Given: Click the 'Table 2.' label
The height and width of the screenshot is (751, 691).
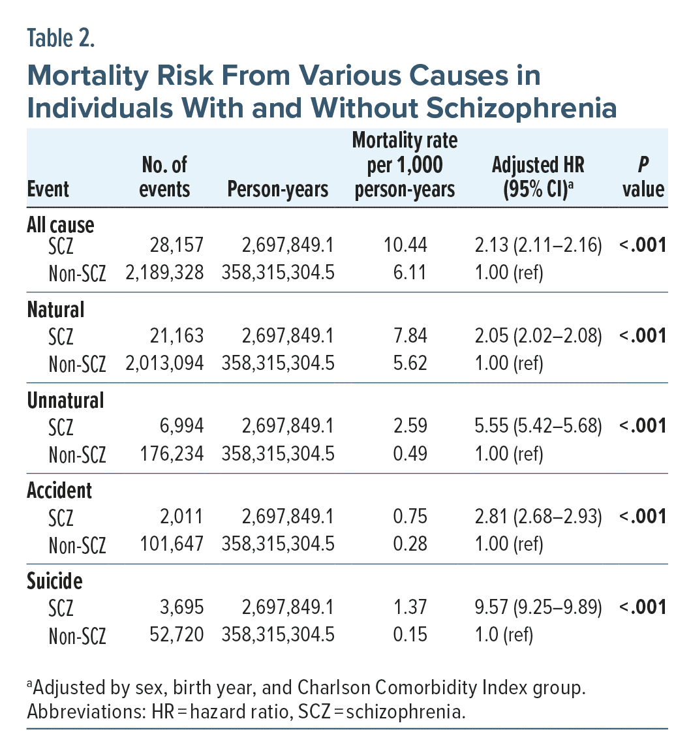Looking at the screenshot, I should pyautogui.click(x=61, y=38).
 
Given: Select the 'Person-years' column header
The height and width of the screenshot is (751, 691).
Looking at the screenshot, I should pyautogui.click(x=277, y=189).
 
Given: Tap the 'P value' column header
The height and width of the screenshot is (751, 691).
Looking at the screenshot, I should pyautogui.click(x=643, y=177).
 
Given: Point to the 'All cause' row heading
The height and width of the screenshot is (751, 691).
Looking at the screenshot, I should pyautogui.click(x=61, y=224).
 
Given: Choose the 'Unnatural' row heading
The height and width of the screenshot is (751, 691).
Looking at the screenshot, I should pyautogui.click(x=65, y=399).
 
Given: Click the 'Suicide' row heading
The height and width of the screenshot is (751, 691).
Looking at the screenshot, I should pyautogui.click(x=55, y=580).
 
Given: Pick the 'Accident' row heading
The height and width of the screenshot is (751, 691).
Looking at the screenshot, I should pyautogui.click(x=59, y=490).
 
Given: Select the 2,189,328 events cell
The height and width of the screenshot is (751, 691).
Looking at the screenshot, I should pyautogui.click(x=165, y=272).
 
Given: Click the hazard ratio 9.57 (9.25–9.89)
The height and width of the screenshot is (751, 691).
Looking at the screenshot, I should pyautogui.click(x=538, y=607).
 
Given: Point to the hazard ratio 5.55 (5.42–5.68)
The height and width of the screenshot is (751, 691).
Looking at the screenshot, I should pyautogui.click(x=538, y=427).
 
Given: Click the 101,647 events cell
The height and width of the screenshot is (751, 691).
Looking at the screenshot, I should pyautogui.click(x=170, y=544).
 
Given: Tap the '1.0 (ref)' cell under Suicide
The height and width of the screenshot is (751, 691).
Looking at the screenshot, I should pyautogui.click(x=504, y=634).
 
